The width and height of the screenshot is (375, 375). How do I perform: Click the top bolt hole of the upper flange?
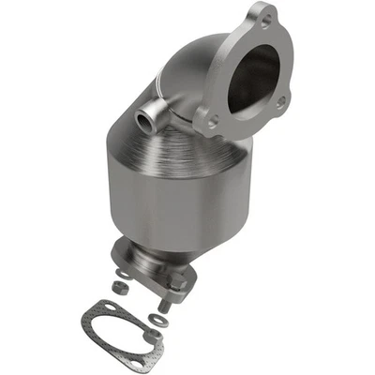[x=267, y=20]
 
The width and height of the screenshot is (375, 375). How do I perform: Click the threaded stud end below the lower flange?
[x=166, y=306]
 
